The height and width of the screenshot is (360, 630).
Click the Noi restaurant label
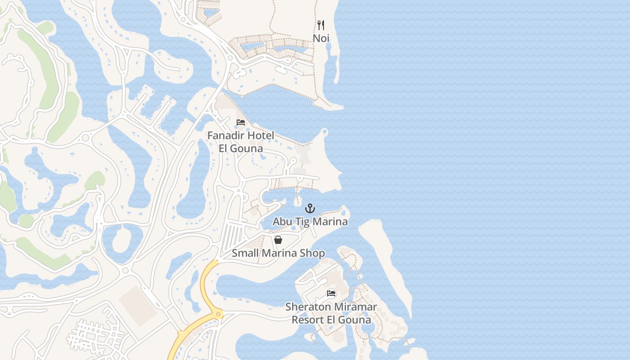tap(321, 38)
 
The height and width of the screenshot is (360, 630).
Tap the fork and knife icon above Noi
tap(321, 25)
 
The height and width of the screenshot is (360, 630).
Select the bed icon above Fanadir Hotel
tap(241, 122)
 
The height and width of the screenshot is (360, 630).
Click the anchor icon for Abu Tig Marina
tap(310, 208)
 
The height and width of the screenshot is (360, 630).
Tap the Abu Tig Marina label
tap(310, 222)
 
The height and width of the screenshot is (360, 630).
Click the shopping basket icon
tap(278, 240)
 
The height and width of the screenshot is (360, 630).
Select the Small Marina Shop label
tap(278, 253)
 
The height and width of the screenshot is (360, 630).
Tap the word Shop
tap(313, 253)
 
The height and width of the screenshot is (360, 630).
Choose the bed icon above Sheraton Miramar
tap(331, 294)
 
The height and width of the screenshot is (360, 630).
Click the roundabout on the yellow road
tap(219, 314)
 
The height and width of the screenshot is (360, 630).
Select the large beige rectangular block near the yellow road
tap(138, 306)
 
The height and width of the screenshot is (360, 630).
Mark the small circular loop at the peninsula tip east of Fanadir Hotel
tap(324, 132)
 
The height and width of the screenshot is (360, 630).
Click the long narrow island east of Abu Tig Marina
tap(387, 261)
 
